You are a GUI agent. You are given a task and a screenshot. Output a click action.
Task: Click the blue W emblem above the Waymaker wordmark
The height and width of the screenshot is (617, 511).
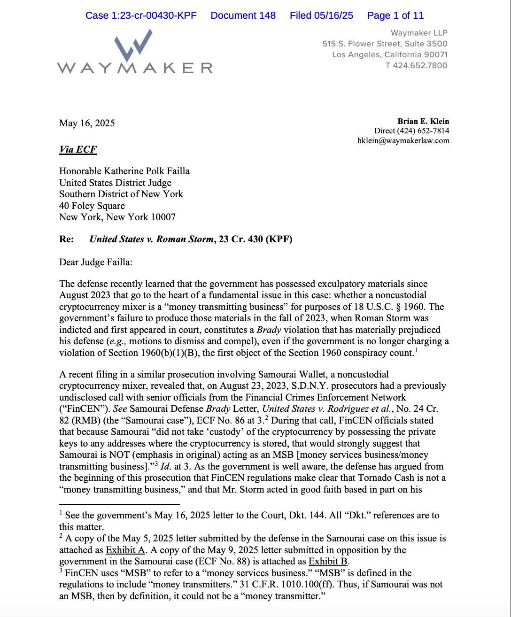(133, 44)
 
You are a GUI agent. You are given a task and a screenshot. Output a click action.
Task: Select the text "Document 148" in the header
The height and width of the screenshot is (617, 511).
(243, 15)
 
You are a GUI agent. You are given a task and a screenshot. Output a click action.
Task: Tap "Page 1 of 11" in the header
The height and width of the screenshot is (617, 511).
(395, 15)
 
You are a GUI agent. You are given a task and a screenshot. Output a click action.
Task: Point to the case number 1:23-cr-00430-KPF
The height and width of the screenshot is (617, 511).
(141, 15)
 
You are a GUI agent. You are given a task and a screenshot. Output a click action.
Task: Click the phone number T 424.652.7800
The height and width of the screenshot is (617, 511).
(416, 65)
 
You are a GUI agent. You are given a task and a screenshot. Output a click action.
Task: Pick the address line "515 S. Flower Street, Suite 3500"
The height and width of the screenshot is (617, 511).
(385, 44)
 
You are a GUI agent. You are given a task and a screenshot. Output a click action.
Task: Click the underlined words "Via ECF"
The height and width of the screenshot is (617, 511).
(78, 149)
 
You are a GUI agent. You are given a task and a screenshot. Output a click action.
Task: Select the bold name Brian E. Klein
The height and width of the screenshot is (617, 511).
(423, 121)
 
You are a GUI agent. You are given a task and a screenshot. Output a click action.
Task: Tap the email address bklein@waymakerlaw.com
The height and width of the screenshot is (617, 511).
(403, 140)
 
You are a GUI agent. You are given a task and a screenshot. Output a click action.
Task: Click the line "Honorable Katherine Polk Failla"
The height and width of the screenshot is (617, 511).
(124, 171)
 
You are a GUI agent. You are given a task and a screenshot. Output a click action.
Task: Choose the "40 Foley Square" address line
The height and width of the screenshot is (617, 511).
(92, 206)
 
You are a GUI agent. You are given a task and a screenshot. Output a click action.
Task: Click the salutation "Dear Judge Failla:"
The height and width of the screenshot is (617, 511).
(96, 262)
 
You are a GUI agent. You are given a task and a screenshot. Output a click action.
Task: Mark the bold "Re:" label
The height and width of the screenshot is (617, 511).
(67, 239)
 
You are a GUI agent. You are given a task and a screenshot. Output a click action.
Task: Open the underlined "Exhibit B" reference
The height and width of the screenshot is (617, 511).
(328, 561)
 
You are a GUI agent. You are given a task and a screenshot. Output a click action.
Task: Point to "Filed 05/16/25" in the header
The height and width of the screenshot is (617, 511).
(321, 15)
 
